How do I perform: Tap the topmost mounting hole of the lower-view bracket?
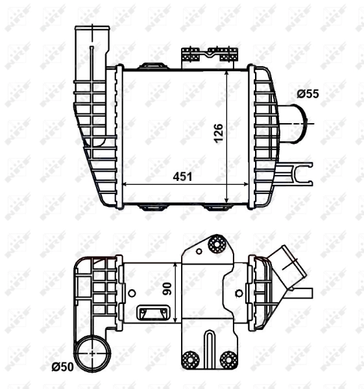coord(215,244)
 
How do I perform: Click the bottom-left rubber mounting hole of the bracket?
coord(190,359)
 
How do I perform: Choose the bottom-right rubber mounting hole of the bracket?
coord(228,359)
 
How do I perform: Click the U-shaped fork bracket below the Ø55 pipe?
coord(300,175)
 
